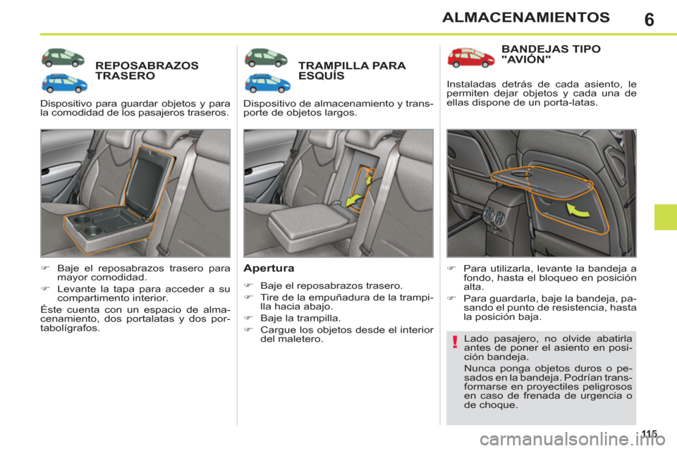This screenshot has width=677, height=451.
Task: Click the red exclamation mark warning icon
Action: click(456, 343)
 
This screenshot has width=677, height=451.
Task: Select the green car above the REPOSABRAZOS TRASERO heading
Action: click(64, 57)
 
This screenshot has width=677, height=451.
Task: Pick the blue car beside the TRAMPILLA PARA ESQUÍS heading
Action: click(267, 83)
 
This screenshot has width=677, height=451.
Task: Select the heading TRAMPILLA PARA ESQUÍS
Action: click(351, 70)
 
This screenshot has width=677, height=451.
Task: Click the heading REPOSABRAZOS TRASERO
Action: click(147, 70)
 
